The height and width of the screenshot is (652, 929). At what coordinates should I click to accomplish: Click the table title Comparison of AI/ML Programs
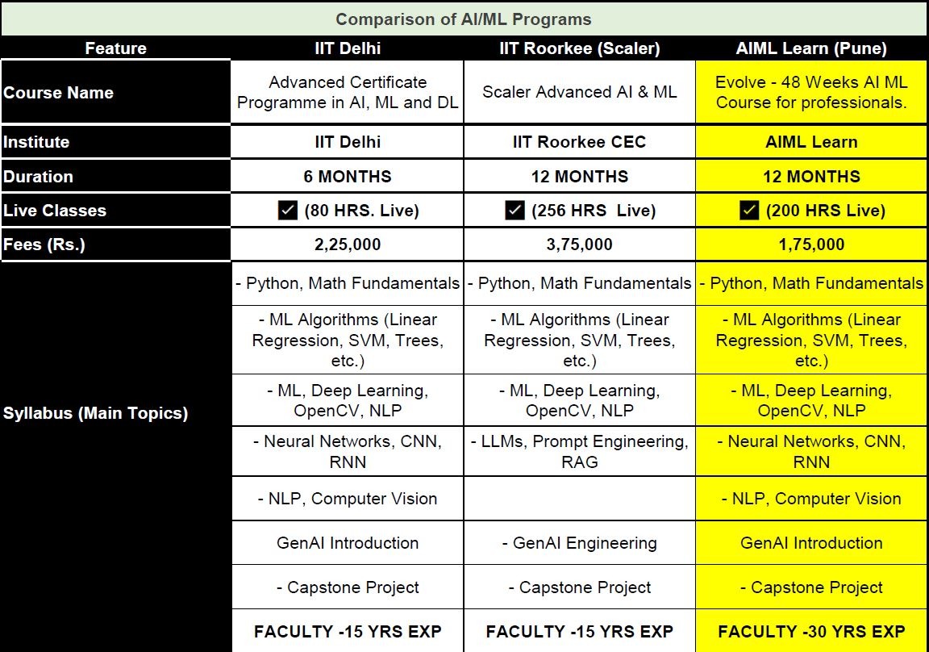pyautogui.click(x=464, y=19)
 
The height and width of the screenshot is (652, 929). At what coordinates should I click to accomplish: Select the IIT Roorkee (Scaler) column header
pyautogui.click(x=580, y=48)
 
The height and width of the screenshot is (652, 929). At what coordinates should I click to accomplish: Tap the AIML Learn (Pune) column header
pyautogui.click(x=811, y=48)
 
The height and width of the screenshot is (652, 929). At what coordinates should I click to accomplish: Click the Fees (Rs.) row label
pyautogui.click(x=44, y=245)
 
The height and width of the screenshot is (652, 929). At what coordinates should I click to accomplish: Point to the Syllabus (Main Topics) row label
pyautogui.click(x=95, y=412)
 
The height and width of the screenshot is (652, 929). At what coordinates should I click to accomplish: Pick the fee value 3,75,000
pyautogui.click(x=580, y=245)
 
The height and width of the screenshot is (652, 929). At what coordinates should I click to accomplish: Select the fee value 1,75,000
pyautogui.click(x=811, y=245)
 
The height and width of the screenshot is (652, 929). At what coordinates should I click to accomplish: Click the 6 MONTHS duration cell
pyautogui.click(x=348, y=177)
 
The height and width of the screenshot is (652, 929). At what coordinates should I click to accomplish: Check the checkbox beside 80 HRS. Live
pyautogui.click(x=288, y=211)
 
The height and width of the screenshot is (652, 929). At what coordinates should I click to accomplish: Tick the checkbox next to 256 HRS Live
pyautogui.click(x=514, y=211)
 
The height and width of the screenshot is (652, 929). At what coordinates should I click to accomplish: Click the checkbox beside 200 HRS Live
pyautogui.click(x=749, y=211)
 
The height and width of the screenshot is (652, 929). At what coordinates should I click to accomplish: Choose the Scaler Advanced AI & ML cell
pyautogui.click(x=580, y=92)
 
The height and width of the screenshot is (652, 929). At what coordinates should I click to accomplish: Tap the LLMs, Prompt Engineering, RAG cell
pyautogui.click(x=580, y=451)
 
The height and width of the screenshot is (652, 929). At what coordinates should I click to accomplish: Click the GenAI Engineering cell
pyautogui.click(x=580, y=543)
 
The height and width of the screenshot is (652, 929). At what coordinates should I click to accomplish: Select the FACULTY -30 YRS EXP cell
pyautogui.click(x=811, y=631)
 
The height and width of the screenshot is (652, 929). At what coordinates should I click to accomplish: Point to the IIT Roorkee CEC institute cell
pyautogui.click(x=580, y=142)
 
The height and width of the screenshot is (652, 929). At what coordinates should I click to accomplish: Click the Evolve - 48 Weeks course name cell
pyautogui.click(x=811, y=92)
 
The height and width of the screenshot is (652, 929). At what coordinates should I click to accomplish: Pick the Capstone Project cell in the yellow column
pyautogui.click(x=811, y=587)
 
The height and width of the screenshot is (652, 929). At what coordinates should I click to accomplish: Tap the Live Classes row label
pyautogui.click(x=55, y=211)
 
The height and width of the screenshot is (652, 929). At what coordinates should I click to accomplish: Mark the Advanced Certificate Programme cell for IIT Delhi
pyautogui.click(x=348, y=92)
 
